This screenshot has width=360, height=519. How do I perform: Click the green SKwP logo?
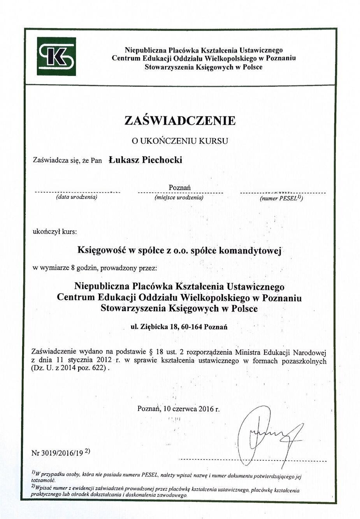(56, 56)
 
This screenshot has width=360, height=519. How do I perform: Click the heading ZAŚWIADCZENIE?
(180, 120)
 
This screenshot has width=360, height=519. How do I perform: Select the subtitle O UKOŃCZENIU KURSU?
(180, 141)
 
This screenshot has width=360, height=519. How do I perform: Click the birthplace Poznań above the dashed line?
(180, 187)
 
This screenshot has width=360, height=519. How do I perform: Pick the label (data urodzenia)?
(77, 197)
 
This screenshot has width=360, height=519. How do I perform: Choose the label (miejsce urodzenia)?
(179, 197)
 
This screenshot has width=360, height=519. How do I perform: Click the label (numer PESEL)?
(281, 198)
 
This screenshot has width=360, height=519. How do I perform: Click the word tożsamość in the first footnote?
(43, 481)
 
